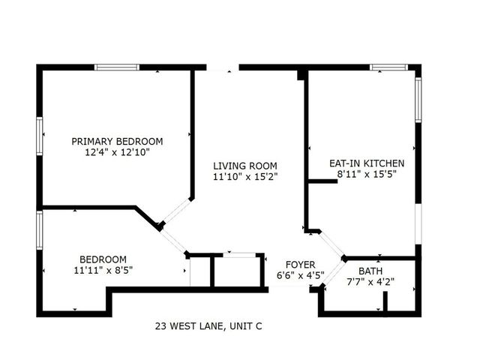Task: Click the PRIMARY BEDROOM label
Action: click(x=117, y=141)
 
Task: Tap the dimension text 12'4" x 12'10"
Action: click(x=117, y=152)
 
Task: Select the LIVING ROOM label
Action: click(x=244, y=166)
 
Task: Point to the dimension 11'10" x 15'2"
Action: click(x=244, y=177)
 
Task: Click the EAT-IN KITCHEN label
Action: click(x=367, y=163)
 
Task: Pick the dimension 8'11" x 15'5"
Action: click(x=367, y=174)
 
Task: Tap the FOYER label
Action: click(x=295, y=264)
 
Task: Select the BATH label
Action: click(x=370, y=271)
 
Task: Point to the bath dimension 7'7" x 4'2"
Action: click(x=370, y=282)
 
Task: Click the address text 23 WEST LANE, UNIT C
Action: click(x=208, y=326)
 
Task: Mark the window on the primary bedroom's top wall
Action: click(x=116, y=67)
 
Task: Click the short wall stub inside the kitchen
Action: click(x=322, y=180)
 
